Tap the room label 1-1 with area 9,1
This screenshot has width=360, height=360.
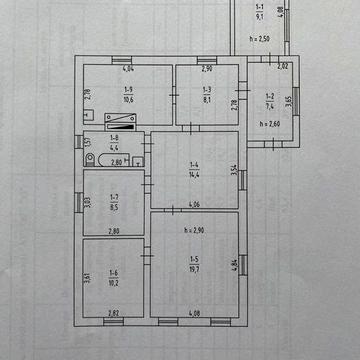coord(259,13)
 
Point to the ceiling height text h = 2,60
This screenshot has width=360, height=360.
coord(267,123)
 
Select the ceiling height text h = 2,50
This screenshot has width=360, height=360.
coord(258,39)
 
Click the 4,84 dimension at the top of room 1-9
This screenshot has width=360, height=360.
coord(128,70)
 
